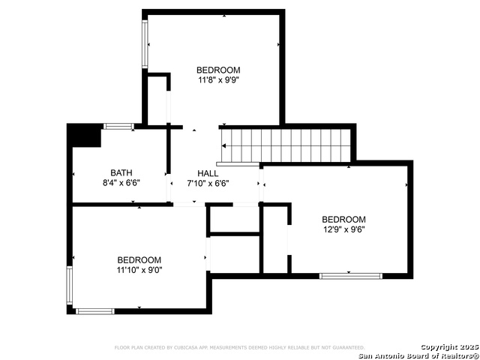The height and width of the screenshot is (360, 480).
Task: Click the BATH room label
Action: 121,172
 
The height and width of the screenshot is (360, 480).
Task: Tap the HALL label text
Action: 208,173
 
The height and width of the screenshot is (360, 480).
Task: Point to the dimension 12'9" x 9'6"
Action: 344,229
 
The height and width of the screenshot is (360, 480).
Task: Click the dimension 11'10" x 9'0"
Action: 139,270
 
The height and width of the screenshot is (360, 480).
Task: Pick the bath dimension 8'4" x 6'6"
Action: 121,182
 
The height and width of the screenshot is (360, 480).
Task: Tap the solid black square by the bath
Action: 83,136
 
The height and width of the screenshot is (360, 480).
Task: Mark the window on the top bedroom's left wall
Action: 145,44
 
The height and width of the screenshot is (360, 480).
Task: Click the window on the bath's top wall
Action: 118,126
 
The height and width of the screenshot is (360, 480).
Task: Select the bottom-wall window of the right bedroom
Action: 350,276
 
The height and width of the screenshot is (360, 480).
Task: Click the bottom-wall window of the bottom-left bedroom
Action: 95,310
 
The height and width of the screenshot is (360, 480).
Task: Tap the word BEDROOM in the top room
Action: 218,69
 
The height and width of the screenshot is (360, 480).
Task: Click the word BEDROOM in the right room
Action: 344,220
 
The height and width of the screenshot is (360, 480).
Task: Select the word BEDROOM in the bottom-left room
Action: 139,260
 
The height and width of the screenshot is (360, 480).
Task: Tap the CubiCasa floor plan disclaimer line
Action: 239,348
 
